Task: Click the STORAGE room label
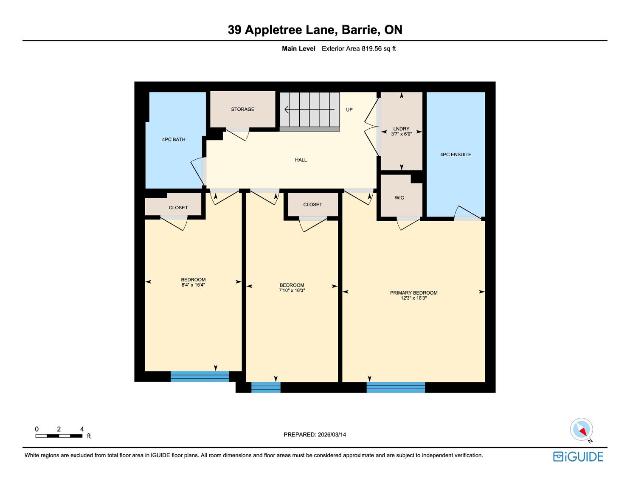click(x=242, y=109)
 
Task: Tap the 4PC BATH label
click(x=173, y=139)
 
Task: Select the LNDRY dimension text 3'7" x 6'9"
click(x=401, y=134)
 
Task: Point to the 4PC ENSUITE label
click(x=456, y=155)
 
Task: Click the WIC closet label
click(x=399, y=198)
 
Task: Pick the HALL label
click(x=301, y=160)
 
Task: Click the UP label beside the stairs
click(x=349, y=110)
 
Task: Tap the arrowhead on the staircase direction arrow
click(x=287, y=109)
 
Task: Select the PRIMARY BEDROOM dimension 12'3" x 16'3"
click(x=413, y=298)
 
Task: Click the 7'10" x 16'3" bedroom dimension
click(x=292, y=290)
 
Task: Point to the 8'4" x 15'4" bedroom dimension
click(x=193, y=284)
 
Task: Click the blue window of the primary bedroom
click(x=396, y=387)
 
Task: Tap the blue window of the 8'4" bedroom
click(x=200, y=376)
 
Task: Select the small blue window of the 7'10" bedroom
click(x=266, y=387)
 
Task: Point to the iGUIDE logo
click(x=578, y=456)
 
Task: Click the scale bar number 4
click(x=82, y=429)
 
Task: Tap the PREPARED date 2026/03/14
click(x=332, y=434)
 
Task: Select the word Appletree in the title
click(x=273, y=30)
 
